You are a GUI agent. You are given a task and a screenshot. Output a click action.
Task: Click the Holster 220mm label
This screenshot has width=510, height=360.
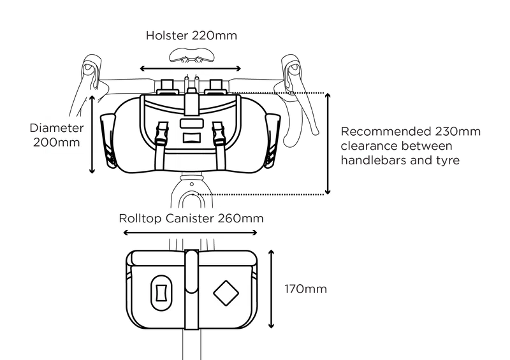click(x=191, y=36)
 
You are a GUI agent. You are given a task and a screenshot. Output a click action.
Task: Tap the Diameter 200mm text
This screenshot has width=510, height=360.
click(x=57, y=135)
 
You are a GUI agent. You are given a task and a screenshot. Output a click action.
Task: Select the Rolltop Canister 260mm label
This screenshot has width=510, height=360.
click(x=191, y=218)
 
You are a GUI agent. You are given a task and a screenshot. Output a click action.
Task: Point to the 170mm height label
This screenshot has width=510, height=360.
click(x=305, y=289)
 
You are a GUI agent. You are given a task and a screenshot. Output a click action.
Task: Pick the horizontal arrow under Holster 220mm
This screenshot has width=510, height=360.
click(x=190, y=68)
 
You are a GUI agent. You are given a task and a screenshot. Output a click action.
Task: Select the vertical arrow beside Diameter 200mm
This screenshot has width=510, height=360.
click(x=92, y=134)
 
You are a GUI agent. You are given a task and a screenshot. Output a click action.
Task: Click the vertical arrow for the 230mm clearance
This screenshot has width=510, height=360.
click(x=328, y=143)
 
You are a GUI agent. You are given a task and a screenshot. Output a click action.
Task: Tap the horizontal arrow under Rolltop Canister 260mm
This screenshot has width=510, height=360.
click(x=190, y=233)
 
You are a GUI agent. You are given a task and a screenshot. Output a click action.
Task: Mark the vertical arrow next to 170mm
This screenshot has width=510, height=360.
click(x=272, y=289)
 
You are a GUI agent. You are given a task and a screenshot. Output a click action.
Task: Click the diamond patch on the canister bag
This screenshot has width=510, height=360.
click(x=226, y=293)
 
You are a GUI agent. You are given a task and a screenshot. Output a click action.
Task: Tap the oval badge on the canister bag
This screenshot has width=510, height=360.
click(x=161, y=293)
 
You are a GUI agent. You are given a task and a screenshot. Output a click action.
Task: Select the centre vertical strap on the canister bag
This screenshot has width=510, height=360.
click(x=192, y=289)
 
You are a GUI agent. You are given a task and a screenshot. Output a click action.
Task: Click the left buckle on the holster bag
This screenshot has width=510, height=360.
click(x=163, y=133)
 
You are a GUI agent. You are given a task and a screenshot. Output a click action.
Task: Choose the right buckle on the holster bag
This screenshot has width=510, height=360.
click(x=218, y=133)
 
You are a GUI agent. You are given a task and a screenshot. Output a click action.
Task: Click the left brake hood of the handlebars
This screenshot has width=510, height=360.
click(x=92, y=70)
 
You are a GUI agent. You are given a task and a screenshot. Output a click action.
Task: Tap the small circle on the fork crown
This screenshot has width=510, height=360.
click(x=192, y=184)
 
